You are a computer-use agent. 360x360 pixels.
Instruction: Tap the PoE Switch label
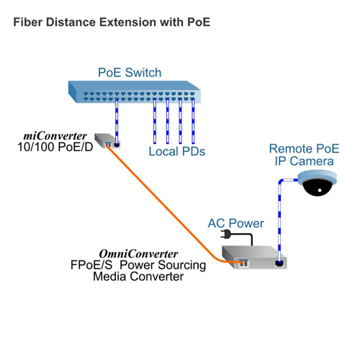point(130,73)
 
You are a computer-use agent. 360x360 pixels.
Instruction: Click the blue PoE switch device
point(135,92)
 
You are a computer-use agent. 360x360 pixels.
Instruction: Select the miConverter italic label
point(55,136)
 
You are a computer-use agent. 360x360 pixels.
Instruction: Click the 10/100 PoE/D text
point(55,147)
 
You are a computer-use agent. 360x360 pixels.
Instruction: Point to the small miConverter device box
point(107,141)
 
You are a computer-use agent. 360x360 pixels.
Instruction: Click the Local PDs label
point(177,151)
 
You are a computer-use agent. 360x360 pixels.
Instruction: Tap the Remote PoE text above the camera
point(304,148)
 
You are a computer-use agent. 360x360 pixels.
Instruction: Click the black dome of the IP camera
point(318,187)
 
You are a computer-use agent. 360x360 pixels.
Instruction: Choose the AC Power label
point(235,223)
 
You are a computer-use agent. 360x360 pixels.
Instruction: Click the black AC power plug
point(225,234)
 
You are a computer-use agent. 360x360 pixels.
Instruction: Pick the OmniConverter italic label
point(138,253)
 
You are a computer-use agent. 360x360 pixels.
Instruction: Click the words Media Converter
point(138,276)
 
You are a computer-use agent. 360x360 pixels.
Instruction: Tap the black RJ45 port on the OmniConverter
point(279,264)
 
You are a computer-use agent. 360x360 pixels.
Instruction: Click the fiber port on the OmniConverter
point(243,264)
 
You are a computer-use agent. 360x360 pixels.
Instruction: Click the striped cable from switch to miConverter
point(117,122)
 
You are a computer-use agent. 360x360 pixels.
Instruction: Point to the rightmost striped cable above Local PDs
point(193,122)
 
